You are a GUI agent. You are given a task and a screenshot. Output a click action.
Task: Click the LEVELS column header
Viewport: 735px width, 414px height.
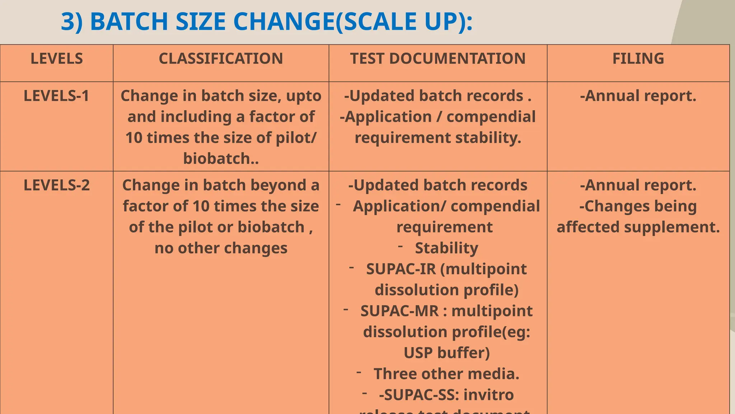pos(57,59)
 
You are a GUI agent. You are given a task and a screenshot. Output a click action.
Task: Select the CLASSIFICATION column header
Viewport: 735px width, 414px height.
pos(221,59)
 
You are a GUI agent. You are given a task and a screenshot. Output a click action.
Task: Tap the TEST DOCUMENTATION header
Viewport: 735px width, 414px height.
pos(438,59)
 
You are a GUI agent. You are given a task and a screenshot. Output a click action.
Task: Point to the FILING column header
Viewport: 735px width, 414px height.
pos(638,59)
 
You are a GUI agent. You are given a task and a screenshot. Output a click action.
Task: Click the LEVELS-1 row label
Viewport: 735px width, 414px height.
pos(56,96)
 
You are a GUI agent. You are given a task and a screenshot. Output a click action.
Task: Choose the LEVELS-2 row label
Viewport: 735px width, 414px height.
pos(57,185)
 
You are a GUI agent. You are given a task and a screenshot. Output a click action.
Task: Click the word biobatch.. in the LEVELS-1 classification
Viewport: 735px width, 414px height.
pos(221,158)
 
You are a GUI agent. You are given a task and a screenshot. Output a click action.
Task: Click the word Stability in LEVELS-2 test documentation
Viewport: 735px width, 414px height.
pos(446,248)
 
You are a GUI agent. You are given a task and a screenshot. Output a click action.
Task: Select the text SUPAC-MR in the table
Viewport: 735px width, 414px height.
pos(399,311)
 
